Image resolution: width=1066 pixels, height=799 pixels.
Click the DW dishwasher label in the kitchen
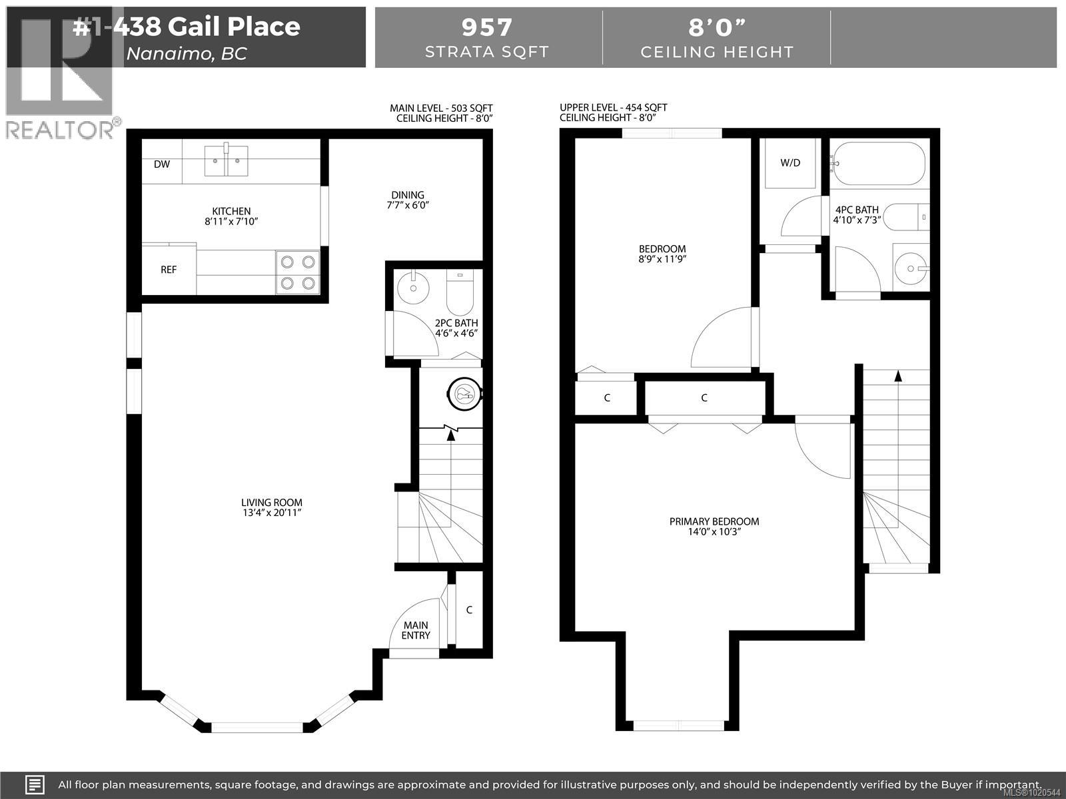tap(162, 164)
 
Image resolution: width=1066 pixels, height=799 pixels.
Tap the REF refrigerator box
tap(169, 270)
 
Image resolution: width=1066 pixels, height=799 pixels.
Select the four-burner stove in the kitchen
tap(298, 272)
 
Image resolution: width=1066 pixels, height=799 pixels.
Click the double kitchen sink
tap(226, 161)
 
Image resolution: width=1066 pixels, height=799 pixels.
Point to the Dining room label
tap(408, 195)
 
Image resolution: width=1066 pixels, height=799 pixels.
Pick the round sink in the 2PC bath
tap(411, 287)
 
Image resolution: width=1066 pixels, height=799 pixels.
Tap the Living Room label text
tap(272, 503)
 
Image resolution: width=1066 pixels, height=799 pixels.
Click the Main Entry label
tap(416, 630)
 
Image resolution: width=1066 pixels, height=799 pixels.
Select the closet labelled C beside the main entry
tap(469, 610)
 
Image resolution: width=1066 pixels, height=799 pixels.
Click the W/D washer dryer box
tap(790, 163)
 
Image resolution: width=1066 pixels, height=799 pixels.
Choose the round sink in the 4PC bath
tap(911, 269)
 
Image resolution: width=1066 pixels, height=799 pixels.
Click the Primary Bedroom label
tap(714, 521)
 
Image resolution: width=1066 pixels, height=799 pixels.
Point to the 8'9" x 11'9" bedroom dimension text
tap(662, 259)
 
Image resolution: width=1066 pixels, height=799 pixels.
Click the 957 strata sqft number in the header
tap(487, 27)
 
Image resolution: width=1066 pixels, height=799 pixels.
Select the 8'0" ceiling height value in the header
tap(717, 27)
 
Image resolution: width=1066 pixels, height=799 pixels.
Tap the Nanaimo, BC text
tap(187, 53)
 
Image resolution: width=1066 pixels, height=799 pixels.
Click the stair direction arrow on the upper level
tap(898, 376)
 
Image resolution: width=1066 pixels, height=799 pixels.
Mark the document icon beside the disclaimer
tap(35, 784)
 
